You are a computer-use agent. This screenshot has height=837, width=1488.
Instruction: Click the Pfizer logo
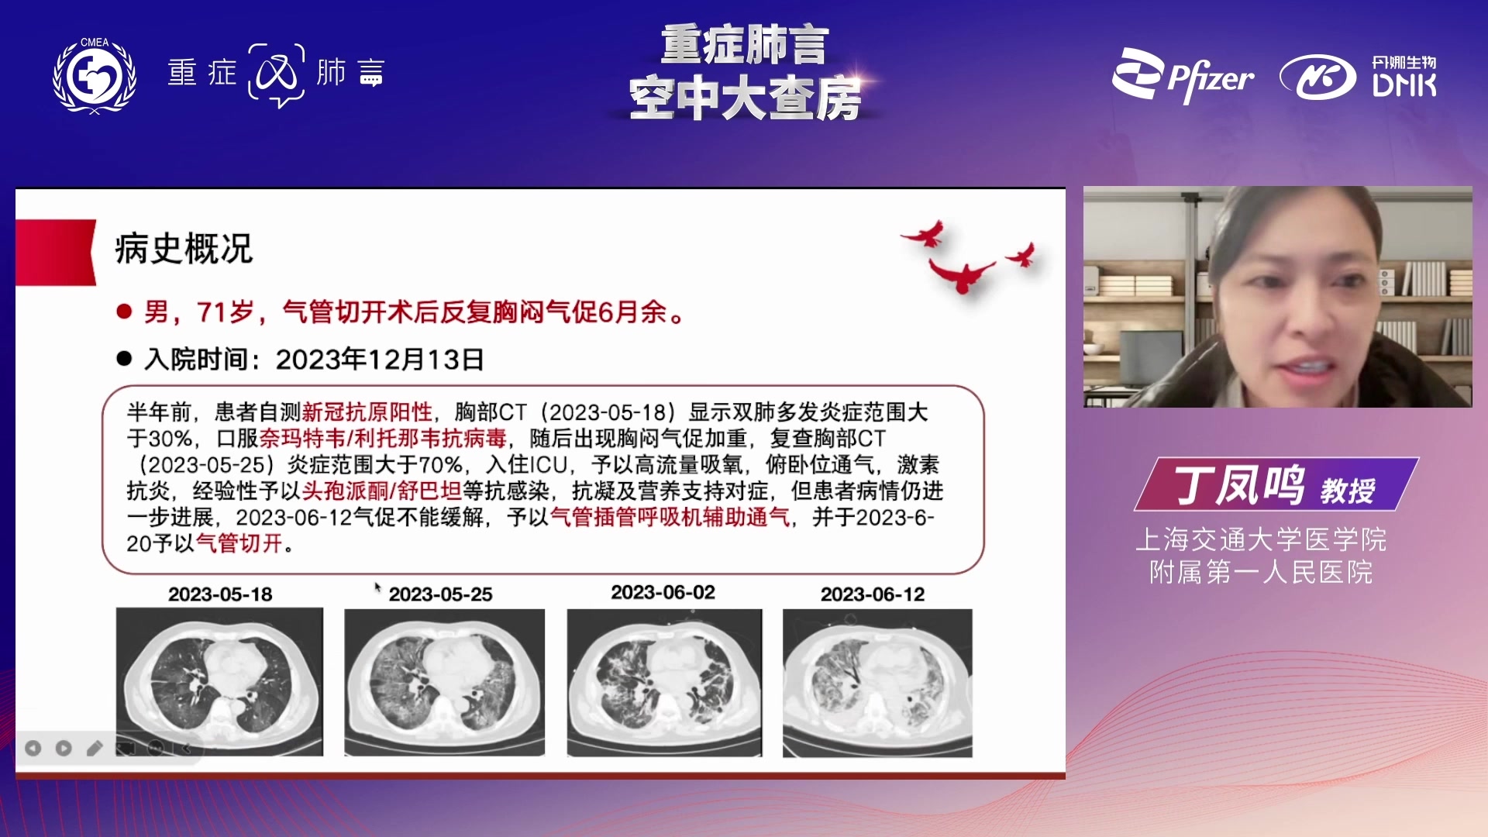(1183, 76)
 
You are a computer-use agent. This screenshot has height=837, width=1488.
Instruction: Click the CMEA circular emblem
(95, 75)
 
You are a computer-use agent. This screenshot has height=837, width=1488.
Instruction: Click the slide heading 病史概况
(184, 250)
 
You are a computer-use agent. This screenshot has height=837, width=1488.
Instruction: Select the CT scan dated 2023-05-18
(219, 681)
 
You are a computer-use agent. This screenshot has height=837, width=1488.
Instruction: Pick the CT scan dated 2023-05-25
(444, 682)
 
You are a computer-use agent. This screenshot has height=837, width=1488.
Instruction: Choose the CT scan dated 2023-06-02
(664, 682)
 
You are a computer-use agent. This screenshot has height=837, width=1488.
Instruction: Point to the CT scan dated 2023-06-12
(877, 683)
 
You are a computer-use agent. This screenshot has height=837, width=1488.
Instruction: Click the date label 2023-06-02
(663, 593)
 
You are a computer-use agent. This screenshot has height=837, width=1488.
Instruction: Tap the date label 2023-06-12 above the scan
(873, 594)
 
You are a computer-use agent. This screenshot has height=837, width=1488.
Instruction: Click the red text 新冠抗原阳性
(367, 412)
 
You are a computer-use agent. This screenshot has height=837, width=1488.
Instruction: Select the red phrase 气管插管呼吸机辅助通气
(670, 517)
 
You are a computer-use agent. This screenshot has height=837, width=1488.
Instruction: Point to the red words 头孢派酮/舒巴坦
(381, 491)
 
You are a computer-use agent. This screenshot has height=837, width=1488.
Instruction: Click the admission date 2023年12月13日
(380, 360)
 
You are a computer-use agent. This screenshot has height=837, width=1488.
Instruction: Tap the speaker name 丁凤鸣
(1239, 486)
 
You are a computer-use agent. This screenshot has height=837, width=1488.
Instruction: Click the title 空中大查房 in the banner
(745, 98)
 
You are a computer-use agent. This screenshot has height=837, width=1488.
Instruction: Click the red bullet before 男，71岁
(124, 312)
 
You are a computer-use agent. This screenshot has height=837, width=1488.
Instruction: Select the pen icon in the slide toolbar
(94, 748)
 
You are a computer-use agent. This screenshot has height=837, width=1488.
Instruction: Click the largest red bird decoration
(961, 275)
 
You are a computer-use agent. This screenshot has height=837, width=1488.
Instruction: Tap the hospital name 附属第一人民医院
(1261, 573)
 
